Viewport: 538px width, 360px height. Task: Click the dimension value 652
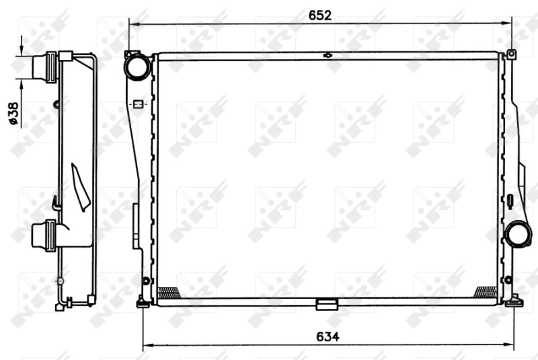[320, 15]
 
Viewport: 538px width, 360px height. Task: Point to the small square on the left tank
[138, 104]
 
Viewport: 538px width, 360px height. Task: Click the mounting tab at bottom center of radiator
[326, 305]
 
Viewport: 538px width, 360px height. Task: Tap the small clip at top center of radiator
[328, 55]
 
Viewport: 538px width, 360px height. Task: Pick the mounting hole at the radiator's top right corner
[511, 54]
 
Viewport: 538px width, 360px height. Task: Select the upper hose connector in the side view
[44, 67]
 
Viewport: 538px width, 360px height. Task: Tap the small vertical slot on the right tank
[510, 200]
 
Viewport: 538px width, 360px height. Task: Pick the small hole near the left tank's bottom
[145, 281]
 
